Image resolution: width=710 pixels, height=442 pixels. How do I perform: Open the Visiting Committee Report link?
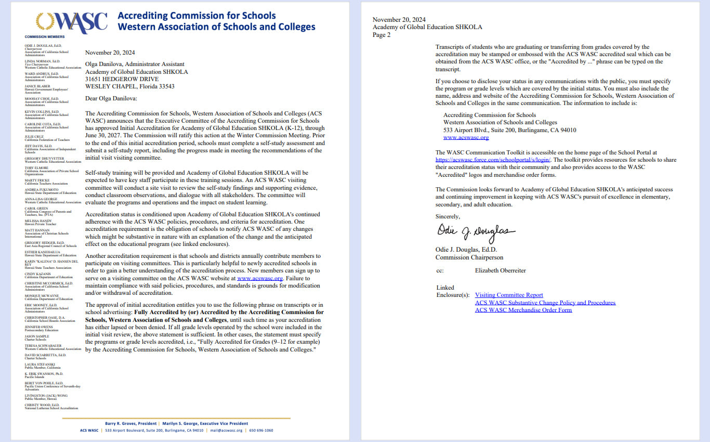pyautogui.click(x=509, y=295)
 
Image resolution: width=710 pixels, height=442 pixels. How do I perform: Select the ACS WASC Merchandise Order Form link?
pyautogui.click(x=523, y=310)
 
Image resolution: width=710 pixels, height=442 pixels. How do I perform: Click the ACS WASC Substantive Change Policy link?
pyautogui.click(x=545, y=303)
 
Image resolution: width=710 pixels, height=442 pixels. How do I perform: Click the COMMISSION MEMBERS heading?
pyautogui.click(x=45, y=37)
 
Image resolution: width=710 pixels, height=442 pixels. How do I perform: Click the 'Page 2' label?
pyautogui.click(x=382, y=35)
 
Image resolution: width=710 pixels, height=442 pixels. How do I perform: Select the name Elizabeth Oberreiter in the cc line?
pyautogui.click(x=501, y=270)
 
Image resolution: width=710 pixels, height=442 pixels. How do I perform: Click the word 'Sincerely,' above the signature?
pyautogui.click(x=448, y=216)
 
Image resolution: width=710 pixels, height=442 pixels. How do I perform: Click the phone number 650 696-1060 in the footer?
pyautogui.click(x=261, y=431)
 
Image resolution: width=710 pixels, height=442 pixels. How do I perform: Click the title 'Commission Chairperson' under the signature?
pyautogui.click(x=469, y=257)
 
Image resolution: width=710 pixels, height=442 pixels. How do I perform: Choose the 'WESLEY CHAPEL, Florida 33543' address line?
pyautogui.click(x=129, y=86)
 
